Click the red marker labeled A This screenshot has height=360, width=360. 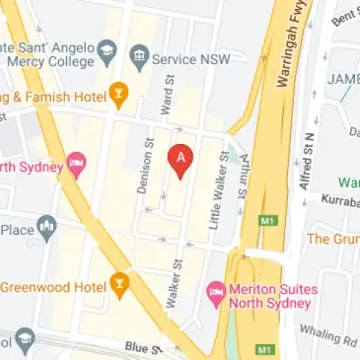(180, 159)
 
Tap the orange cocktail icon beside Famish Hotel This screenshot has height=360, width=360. (118, 95)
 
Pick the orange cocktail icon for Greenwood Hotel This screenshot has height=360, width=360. (118, 286)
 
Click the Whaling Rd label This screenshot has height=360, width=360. (329, 338)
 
